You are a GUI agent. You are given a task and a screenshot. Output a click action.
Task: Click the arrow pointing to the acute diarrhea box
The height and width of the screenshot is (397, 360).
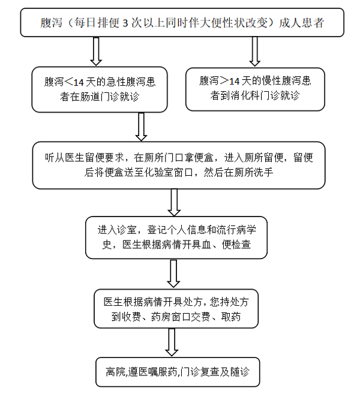pyautogui.click(x=96, y=52)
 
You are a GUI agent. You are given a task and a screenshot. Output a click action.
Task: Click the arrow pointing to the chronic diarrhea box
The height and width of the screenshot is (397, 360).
pyautogui.click(x=254, y=52)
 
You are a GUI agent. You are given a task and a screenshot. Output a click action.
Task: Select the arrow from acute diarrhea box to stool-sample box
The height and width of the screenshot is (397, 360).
pyautogui.click(x=141, y=127)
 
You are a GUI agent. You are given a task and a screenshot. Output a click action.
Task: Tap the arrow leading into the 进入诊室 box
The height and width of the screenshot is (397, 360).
pyautogui.click(x=174, y=202)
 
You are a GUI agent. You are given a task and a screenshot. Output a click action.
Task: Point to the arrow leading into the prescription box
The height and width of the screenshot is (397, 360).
pyautogui.click(x=173, y=273)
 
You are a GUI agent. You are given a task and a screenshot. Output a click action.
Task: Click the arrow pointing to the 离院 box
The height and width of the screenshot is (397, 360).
pyautogui.click(x=172, y=342)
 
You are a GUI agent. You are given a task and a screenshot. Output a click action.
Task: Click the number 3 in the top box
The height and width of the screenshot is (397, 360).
pyautogui.click(x=125, y=23)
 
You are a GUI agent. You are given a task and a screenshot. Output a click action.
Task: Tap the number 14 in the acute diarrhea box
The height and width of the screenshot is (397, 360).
pyautogui.click(x=79, y=82)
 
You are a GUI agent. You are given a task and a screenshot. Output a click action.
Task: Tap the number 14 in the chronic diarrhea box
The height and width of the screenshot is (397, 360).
pyautogui.click(x=235, y=82)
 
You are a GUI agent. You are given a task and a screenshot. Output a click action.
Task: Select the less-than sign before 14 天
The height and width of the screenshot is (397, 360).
pyautogui.click(x=68, y=82)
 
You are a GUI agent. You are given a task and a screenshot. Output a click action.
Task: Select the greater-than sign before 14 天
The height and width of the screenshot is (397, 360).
pyautogui.click(x=224, y=81)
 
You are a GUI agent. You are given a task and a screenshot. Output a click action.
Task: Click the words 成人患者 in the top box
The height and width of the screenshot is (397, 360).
pyautogui.click(x=301, y=23)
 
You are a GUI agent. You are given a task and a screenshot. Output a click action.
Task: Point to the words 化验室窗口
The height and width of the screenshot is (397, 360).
pyautogui.click(x=169, y=173)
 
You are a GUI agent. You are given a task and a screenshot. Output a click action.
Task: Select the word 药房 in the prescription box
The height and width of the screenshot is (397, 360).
pyautogui.click(x=161, y=317)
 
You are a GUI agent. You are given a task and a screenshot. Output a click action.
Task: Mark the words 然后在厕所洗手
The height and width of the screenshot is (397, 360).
pyautogui.click(x=238, y=173)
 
